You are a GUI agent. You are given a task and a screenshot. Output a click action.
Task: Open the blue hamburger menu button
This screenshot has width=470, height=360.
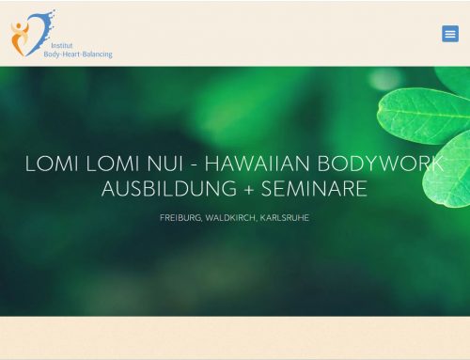450,34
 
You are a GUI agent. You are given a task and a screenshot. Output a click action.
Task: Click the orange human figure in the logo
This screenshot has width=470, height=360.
20,39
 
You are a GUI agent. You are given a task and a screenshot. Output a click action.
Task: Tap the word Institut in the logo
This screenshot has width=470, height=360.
62,46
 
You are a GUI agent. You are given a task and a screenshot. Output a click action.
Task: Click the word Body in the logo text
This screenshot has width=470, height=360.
52,55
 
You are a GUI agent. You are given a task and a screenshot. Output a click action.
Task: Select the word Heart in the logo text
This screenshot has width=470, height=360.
71,55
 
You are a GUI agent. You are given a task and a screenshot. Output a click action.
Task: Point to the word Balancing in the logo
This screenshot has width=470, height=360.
97,55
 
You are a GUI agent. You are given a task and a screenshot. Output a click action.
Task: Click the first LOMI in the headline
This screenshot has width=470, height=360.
52,164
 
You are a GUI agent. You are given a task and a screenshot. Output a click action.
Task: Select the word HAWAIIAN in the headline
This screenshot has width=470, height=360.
257,164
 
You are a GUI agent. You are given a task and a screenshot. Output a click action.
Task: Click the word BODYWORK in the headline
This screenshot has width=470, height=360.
381,164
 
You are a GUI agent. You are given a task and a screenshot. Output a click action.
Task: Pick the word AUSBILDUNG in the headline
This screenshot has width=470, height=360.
169,189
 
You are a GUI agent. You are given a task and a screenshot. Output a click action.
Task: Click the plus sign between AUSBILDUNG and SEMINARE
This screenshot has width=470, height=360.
249,190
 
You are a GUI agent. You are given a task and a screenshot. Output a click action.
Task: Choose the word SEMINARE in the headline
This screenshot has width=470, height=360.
314,189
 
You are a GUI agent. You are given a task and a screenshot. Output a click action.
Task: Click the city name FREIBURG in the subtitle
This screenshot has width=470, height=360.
180,218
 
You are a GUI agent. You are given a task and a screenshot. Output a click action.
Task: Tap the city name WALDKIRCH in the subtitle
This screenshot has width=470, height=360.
231,218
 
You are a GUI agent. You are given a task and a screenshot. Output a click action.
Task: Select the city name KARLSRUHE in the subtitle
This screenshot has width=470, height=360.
285,218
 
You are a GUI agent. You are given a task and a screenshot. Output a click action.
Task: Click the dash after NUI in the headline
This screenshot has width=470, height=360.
194,164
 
